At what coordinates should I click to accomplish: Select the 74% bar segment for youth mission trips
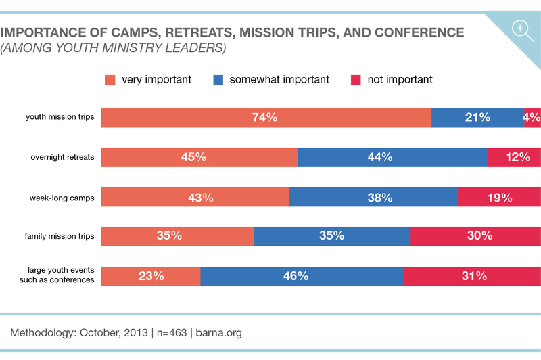click(x=266, y=118)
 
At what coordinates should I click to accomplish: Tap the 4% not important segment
click(x=532, y=118)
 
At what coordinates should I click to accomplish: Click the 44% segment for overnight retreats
click(x=392, y=158)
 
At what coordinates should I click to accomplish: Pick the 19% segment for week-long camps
click(x=499, y=198)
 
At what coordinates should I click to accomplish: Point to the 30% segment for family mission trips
click(x=475, y=236)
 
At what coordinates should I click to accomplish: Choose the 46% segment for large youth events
click(x=302, y=276)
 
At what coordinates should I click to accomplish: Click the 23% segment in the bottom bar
click(x=151, y=276)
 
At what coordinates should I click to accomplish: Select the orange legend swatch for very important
click(x=110, y=80)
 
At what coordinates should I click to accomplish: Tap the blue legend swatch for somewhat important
click(x=218, y=80)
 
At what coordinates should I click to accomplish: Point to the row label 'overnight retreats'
click(x=62, y=158)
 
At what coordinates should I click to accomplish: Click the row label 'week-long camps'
click(x=62, y=198)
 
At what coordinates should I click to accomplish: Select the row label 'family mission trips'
click(x=60, y=237)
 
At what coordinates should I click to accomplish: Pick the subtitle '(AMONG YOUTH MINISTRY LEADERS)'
click(x=113, y=49)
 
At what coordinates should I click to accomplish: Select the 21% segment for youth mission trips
click(x=477, y=118)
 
